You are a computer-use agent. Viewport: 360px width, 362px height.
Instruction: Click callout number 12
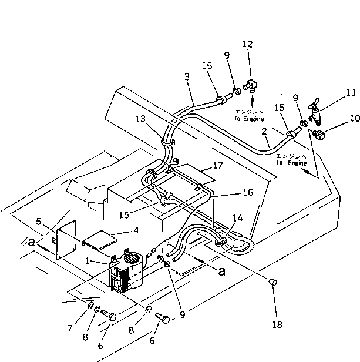pos(248,44)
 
